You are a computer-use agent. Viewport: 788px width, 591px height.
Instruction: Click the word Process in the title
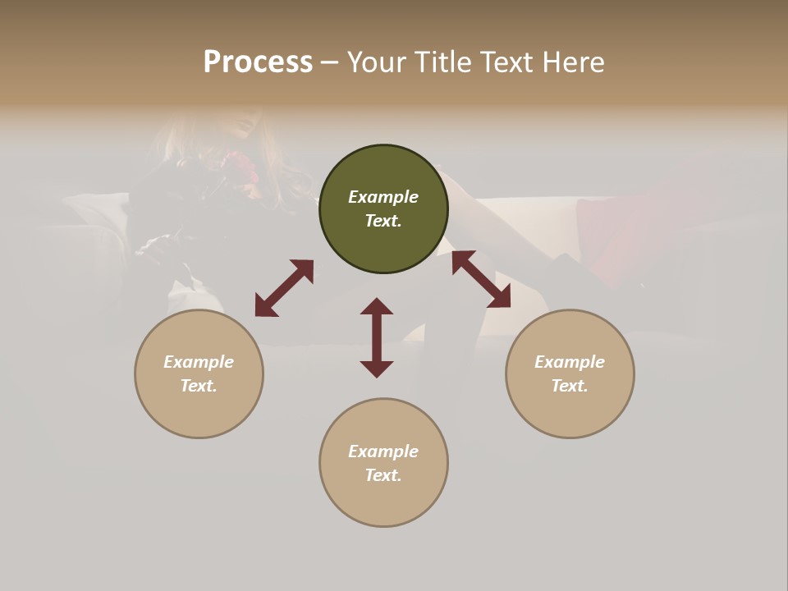pyautogui.click(x=258, y=62)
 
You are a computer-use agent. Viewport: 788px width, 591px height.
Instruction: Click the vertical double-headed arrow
pyautogui.click(x=377, y=337)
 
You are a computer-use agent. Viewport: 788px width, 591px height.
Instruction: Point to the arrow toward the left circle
pyautogui.click(x=284, y=288)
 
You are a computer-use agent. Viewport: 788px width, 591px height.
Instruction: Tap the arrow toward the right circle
pyautogui.click(x=481, y=279)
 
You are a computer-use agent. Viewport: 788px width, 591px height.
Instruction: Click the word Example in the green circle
pyautogui.click(x=383, y=197)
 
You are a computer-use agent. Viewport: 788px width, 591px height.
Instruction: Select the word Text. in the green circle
pyautogui.click(x=383, y=221)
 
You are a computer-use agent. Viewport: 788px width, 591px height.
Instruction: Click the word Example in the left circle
pyautogui.click(x=199, y=362)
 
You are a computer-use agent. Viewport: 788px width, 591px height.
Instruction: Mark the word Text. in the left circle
pyautogui.click(x=199, y=386)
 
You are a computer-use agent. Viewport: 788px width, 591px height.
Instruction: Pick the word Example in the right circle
pyautogui.click(x=570, y=362)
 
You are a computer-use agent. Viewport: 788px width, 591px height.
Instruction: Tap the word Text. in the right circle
pyautogui.click(x=570, y=386)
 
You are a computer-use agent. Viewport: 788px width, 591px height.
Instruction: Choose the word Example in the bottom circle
pyautogui.click(x=383, y=451)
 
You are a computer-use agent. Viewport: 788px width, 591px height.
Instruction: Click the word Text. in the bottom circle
pyautogui.click(x=383, y=475)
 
